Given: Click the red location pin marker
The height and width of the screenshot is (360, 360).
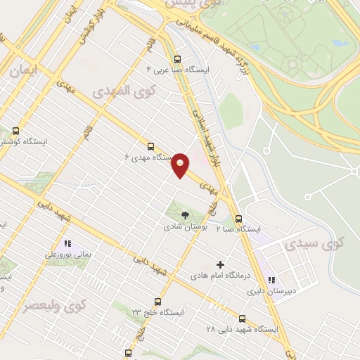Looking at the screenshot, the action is tap(181, 165).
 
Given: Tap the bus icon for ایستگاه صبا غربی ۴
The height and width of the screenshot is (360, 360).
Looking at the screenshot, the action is tap(178, 60).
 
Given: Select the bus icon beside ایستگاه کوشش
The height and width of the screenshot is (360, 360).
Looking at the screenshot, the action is tap(16, 131).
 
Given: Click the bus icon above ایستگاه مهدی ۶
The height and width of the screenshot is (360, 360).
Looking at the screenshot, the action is tap(150, 147).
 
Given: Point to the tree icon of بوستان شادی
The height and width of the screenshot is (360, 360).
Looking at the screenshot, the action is tap(184, 215).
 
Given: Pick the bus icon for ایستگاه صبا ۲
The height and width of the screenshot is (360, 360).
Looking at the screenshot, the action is tap(238, 219).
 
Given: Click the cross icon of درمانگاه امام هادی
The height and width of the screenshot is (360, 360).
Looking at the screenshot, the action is tap(220, 265).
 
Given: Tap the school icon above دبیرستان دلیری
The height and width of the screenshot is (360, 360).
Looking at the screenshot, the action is tap(271, 280).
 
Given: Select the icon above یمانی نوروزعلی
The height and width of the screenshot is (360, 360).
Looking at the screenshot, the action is tap(67, 244).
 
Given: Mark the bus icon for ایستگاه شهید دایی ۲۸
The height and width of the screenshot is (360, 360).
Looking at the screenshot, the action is tap(243, 319).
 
